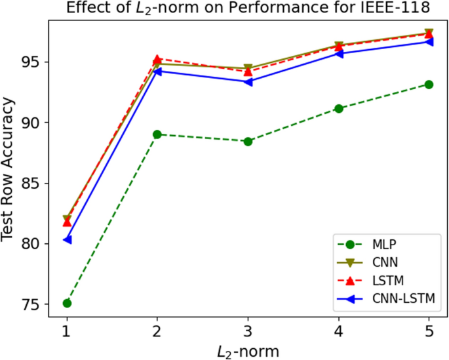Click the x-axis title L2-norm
248,350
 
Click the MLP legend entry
383,245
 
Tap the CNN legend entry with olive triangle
383,263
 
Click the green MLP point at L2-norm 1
67,303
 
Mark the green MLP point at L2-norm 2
157,134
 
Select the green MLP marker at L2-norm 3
248,142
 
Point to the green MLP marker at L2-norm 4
338,108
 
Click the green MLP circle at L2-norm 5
429,85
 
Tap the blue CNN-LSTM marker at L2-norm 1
67,240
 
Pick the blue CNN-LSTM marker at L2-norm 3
248,81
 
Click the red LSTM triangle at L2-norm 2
157,59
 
